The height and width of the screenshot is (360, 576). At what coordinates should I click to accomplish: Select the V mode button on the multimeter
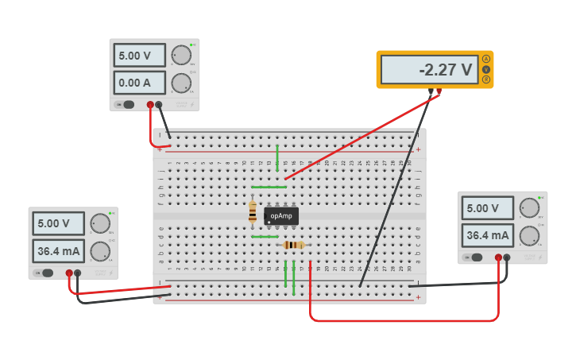[486, 70]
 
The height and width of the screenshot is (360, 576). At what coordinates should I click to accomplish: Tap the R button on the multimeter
[486, 80]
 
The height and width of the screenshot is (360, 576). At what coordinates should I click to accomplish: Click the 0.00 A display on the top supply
[139, 83]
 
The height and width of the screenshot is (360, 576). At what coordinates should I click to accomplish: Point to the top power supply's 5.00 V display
[139, 56]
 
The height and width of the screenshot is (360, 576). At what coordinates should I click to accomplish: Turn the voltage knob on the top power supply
[181, 55]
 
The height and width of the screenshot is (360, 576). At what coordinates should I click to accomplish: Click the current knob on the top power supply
[181, 83]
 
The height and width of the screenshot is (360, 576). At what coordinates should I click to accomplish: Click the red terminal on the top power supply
[150, 104]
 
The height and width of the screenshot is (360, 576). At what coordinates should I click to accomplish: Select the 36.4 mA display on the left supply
[58, 251]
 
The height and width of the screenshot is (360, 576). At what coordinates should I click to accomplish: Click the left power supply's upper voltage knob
[100, 223]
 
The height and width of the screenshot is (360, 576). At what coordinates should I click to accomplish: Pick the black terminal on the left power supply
[78, 273]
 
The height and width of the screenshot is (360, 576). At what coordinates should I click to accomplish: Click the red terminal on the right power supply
[499, 257]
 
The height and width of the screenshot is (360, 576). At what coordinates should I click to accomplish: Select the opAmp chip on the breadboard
[281, 215]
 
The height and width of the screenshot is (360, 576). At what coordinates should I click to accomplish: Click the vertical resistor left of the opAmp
[253, 211]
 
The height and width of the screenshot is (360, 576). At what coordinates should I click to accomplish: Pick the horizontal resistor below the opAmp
[293, 245]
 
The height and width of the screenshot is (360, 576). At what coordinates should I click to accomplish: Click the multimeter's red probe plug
[439, 91]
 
